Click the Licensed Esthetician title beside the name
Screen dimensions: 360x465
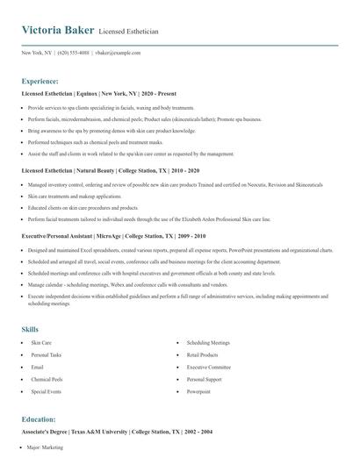129,32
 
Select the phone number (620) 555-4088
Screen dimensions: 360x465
73,53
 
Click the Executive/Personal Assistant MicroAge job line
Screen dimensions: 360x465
113,236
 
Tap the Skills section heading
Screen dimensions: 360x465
30,329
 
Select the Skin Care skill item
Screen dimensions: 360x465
41,342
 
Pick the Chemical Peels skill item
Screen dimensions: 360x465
46,379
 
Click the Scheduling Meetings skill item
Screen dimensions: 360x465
208,342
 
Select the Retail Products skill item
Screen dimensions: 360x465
202,354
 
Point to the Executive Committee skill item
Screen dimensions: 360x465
208,367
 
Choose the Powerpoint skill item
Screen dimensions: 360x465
199,391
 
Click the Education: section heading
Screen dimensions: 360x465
39,419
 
